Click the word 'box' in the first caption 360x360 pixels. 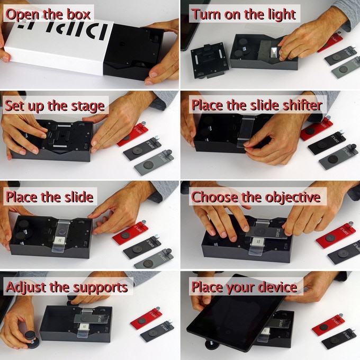[x=78, y=14]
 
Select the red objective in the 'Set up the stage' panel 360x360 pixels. [x=132, y=134]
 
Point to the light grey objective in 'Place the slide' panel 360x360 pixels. [x=154, y=259]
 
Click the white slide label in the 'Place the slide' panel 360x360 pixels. [x=59, y=240]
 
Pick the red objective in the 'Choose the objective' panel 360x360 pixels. [x=336, y=235]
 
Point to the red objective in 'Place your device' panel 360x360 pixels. [x=328, y=323]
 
